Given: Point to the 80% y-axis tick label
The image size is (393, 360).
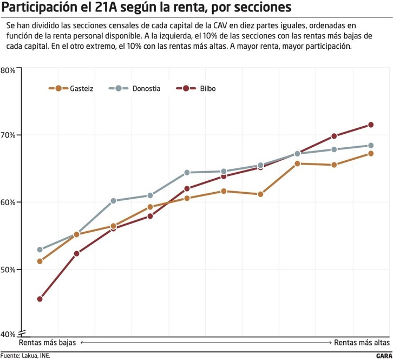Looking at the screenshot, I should [8, 70].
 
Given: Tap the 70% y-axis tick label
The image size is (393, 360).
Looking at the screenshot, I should [8, 135].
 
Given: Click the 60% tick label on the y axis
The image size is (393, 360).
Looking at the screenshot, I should [8, 202].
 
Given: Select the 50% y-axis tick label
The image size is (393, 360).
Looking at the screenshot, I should [8, 269].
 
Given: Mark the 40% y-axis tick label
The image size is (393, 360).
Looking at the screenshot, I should [8, 334].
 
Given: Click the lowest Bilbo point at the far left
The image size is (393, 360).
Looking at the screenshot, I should [40, 299].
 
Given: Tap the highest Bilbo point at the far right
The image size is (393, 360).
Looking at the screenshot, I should [371, 125].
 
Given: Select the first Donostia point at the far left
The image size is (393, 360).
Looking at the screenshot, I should [40, 250].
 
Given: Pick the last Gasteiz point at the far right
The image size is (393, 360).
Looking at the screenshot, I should [371, 154].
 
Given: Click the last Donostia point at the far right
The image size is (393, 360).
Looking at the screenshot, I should [371, 146].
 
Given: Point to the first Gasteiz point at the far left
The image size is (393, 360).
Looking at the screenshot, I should [40, 261].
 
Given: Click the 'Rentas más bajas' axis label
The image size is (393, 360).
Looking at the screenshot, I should [48, 343].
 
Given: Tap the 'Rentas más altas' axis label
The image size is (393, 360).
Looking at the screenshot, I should [361, 343].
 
